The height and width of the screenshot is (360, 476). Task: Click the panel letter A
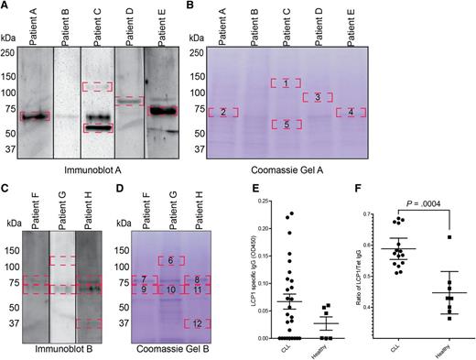tap(6, 7)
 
